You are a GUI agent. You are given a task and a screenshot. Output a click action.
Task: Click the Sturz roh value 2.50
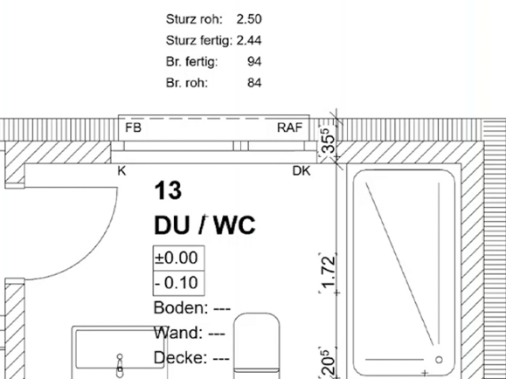[x=249, y=19]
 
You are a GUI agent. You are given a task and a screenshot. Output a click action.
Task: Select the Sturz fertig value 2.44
[x=249, y=41]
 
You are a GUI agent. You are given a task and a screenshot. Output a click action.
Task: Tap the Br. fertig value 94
[x=254, y=62]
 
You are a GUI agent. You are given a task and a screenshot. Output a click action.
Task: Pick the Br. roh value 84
[x=254, y=83]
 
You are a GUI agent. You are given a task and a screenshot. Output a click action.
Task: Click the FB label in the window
[x=134, y=127]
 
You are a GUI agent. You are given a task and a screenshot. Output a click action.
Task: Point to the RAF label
[x=290, y=127]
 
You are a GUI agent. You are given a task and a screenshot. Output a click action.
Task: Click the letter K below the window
[x=121, y=171]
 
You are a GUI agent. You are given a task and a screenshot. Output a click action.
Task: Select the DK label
[x=302, y=171]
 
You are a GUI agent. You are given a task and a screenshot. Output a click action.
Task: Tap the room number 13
[x=168, y=190]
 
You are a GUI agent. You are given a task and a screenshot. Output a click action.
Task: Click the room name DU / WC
[x=204, y=224]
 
